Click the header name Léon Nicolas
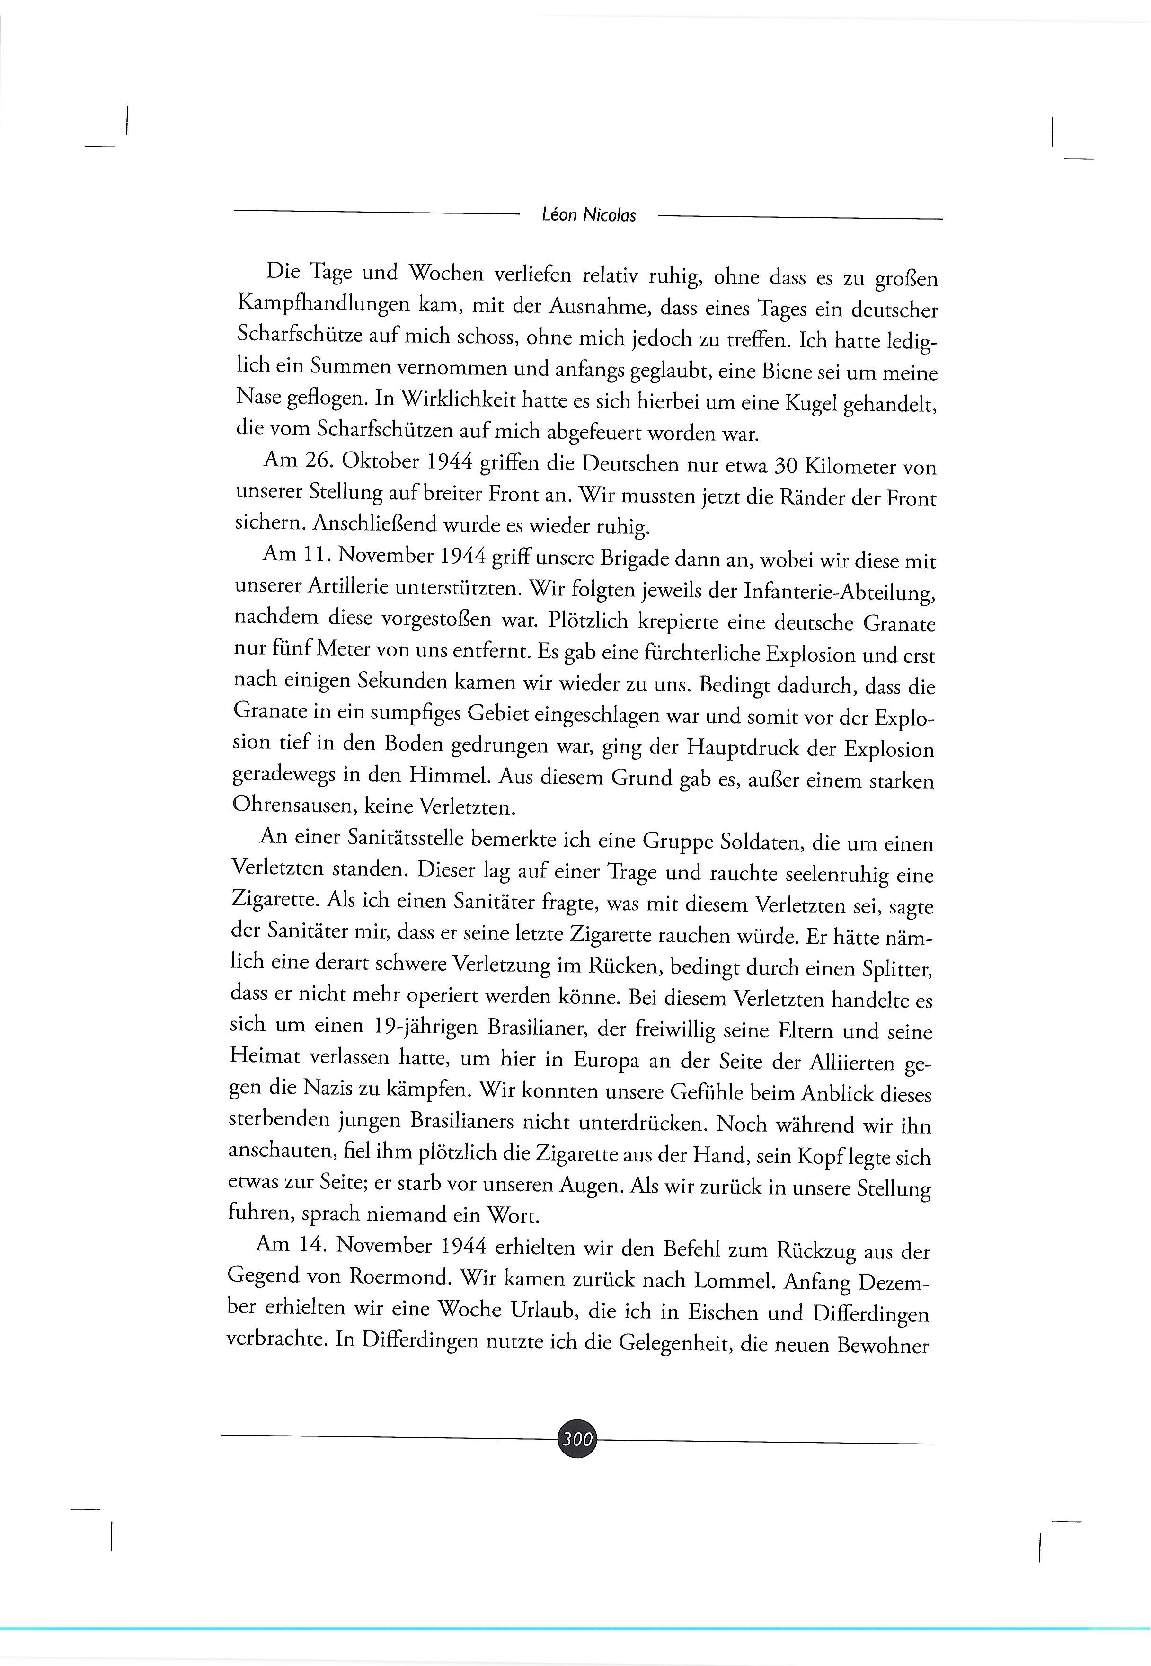[588, 215]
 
